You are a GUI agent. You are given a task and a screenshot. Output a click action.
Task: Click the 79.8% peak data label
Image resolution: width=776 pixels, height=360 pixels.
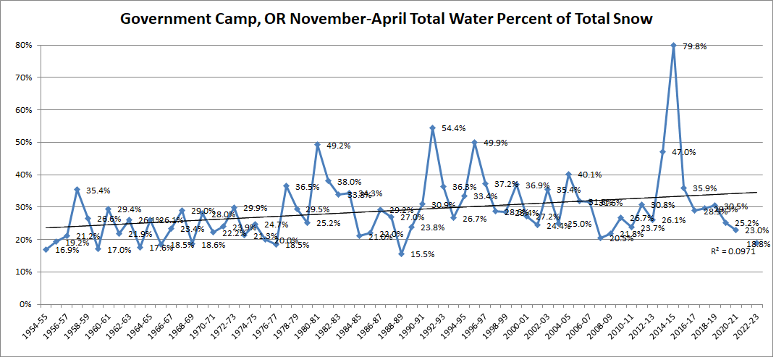(695, 46)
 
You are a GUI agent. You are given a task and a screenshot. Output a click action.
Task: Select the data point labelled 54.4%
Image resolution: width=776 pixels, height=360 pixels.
(432, 128)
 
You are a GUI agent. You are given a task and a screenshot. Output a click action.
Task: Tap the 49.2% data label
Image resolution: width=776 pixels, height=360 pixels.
(337, 145)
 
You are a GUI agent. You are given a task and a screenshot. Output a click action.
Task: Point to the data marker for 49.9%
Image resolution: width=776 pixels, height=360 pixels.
(475, 143)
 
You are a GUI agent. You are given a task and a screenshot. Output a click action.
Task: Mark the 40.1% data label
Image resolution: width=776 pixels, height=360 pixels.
(589, 175)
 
